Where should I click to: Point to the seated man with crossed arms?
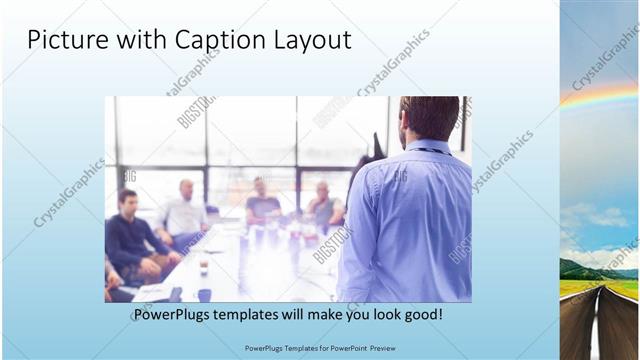323,206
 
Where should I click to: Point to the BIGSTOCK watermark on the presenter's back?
400,176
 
